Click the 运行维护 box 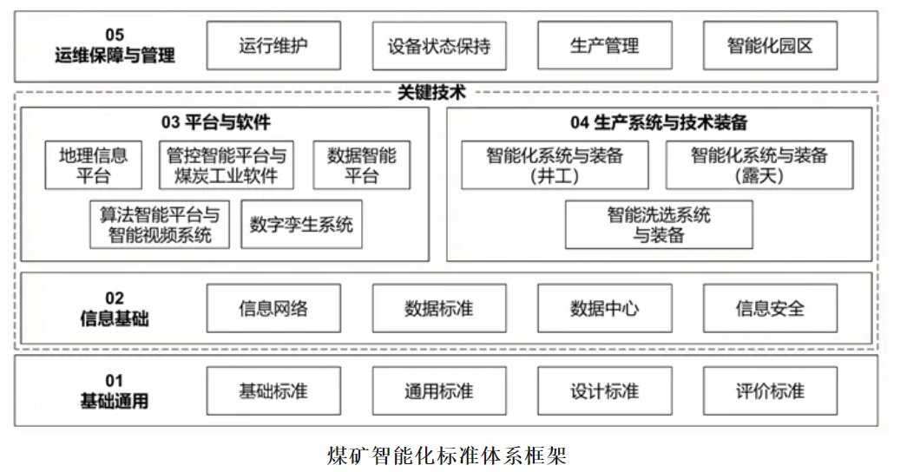[x=273, y=46]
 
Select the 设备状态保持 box [x=439, y=46]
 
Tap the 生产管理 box [x=604, y=46]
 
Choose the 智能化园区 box [x=770, y=46]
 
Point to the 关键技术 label [x=431, y=92]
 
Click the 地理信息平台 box [x=93, y=165]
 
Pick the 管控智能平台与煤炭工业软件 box [x=227, y=165]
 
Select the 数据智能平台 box [x=362, y=165]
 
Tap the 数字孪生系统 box [x=301, y=225]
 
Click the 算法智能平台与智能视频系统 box [x=160, y=225]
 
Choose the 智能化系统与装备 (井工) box [x=555, y=165]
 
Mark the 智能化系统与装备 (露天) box [x=759, y=165]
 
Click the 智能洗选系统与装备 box [x=659, y=225]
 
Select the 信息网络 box [x=273, y=308]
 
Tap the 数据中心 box [x=604, y=308]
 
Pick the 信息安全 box [x=770, y=308]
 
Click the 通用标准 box [x=439, y=390]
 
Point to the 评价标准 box [x=770, y=390]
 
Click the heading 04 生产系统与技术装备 [x=659, y=122]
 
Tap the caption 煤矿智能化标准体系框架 [x=446, y=456]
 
